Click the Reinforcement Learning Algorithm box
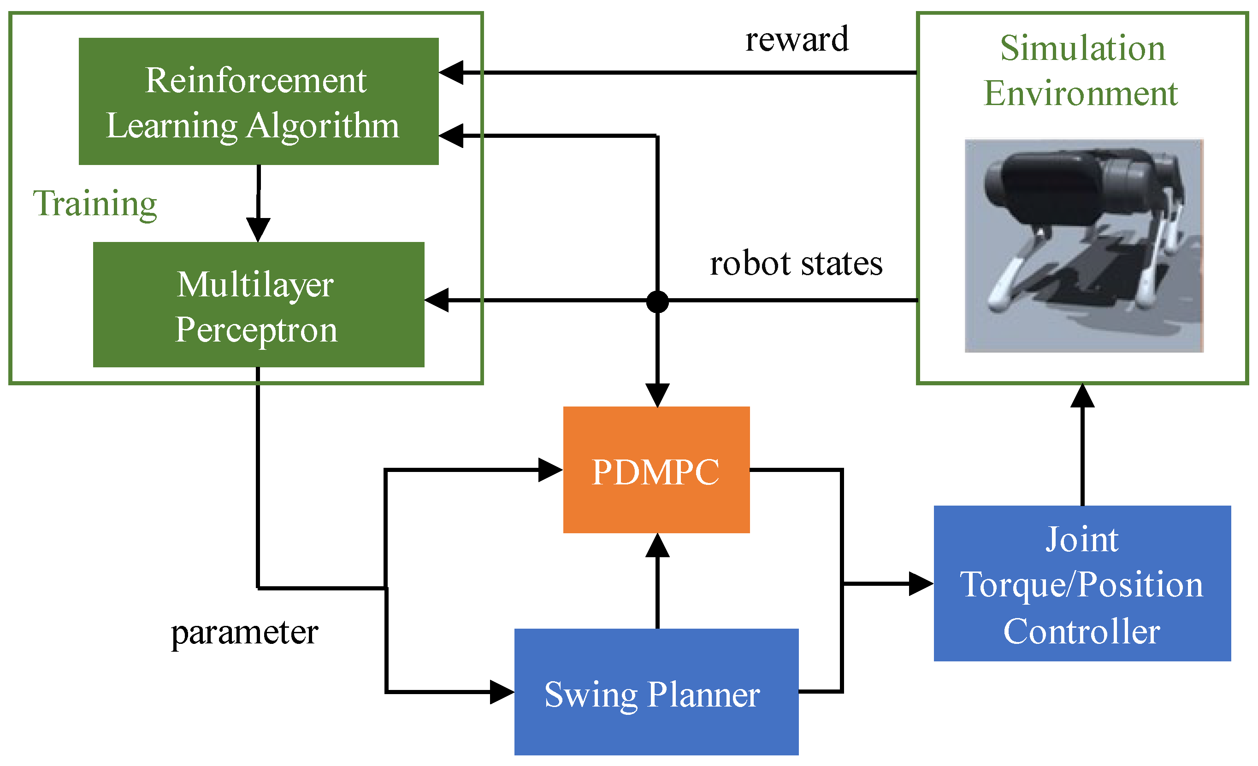pos(258,101)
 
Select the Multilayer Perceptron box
pos(258,305)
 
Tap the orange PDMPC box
pos(656,470)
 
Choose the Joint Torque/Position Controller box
pos(1082,584)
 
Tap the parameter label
pos(245,632)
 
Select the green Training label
pos(95,203)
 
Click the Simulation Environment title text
pos(1082,71)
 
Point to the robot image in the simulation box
pos(1083,246)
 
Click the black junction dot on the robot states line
pos(657,301)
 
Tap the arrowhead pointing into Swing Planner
pos(502,692)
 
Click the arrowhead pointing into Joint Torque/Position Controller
pos(921,584)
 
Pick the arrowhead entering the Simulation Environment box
pos(1082,396)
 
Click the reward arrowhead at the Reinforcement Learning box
pos(451,72)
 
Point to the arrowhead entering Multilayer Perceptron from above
pos(258,229)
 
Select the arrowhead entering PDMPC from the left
pos(550,470)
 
